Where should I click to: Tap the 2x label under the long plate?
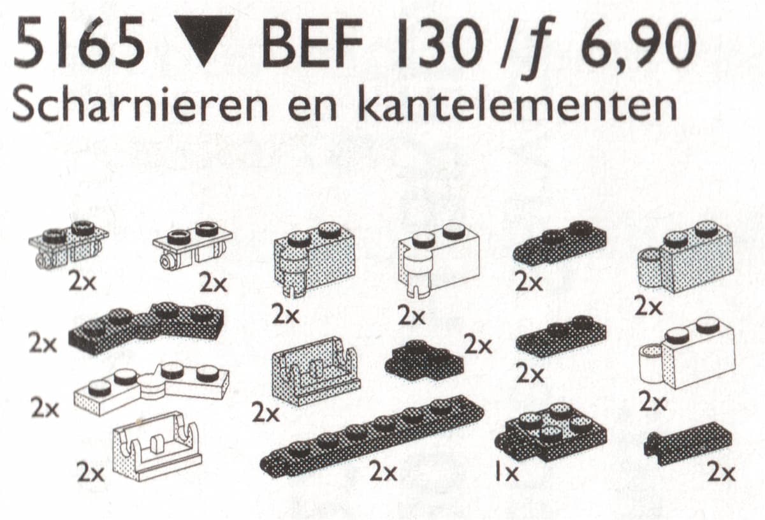[x=383, y=473]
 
